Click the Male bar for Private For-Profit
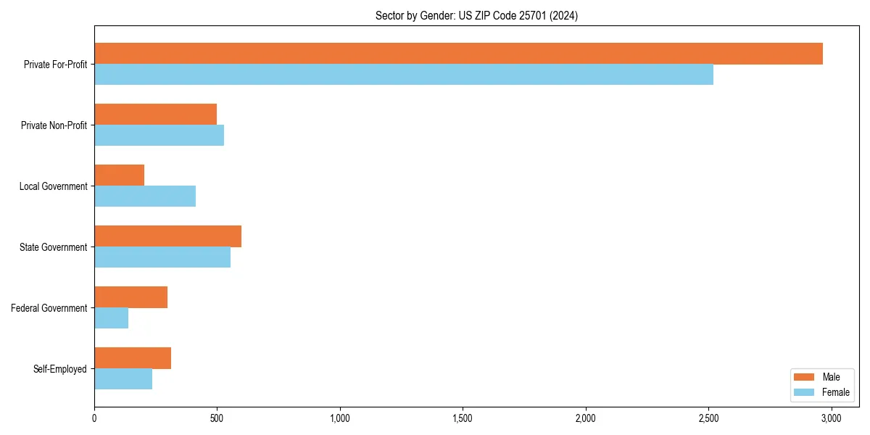point(458,54)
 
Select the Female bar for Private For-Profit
point(404,75)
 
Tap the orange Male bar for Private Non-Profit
point(155,115)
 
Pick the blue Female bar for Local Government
point(145,196)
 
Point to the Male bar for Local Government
point(119,175)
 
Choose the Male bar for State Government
point(167,236)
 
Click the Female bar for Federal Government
point(111,318)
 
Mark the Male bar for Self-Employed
point(133,358)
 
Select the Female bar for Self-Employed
point(123,379)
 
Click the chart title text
point(476,15)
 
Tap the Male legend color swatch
point(804,377)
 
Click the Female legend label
point(835,392)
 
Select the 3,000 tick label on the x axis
point(831,418)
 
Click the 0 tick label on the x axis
point(94,418)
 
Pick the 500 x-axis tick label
point(217,418)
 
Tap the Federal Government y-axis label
point(49,308)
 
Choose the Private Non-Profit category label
point(54,125)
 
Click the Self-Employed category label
point(60,369)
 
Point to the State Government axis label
point(54,247)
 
